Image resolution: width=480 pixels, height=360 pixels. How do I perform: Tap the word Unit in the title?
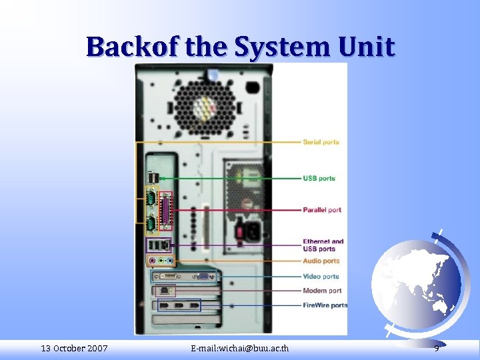367,47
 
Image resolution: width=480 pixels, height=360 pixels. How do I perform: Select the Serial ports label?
321,142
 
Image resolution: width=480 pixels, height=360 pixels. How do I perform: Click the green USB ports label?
319,179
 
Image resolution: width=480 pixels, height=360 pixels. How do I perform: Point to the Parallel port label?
321,210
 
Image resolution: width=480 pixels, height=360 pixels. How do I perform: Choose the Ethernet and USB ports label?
323,245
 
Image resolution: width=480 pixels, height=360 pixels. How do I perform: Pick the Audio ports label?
321,261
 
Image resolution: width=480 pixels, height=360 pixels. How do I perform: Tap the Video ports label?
321,277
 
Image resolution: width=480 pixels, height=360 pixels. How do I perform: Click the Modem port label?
322,291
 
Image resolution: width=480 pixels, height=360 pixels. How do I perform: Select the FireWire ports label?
325,305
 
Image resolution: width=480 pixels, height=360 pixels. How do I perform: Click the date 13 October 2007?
74,348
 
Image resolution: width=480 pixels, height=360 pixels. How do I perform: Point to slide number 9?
436,348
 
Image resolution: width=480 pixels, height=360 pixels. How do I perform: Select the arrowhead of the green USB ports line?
159,179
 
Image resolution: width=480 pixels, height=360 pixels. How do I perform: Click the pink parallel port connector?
167,211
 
